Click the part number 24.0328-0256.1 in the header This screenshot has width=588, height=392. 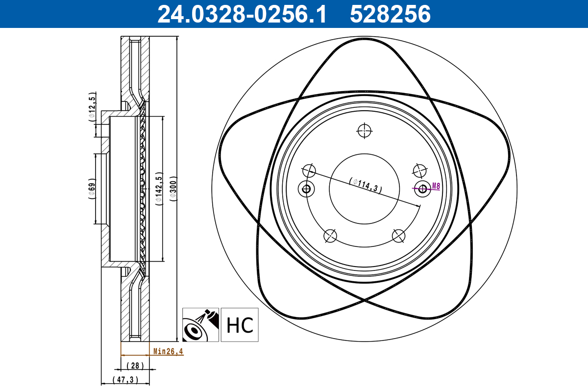click(x=241, y=14)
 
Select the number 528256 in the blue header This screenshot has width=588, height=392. click(x=390, y=14)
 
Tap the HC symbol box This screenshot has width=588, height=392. click(x=239, y=325)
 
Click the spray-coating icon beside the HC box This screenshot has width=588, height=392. click(x=200, y=325)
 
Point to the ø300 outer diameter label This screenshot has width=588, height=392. click(x=172, y=188)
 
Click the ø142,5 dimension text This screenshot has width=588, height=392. click(x=158, y=188)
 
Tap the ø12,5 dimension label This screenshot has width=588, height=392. click(x=92, y=108)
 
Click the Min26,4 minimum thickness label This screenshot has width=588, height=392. click(x=168, y=351)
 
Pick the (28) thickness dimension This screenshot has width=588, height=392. click(x=134, y=366)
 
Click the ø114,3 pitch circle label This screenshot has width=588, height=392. click(x=366, y=185)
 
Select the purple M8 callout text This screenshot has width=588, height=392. click(x=436, y=186)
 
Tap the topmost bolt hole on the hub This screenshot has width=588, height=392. click(x=365, y=131)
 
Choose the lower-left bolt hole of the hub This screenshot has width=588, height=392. click(x=331, y=236)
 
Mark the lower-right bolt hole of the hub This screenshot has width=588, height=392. click(x=399, y=236)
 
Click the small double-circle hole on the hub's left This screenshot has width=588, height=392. click(x=306, y=189)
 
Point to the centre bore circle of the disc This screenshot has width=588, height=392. click(x=365, y=189)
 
